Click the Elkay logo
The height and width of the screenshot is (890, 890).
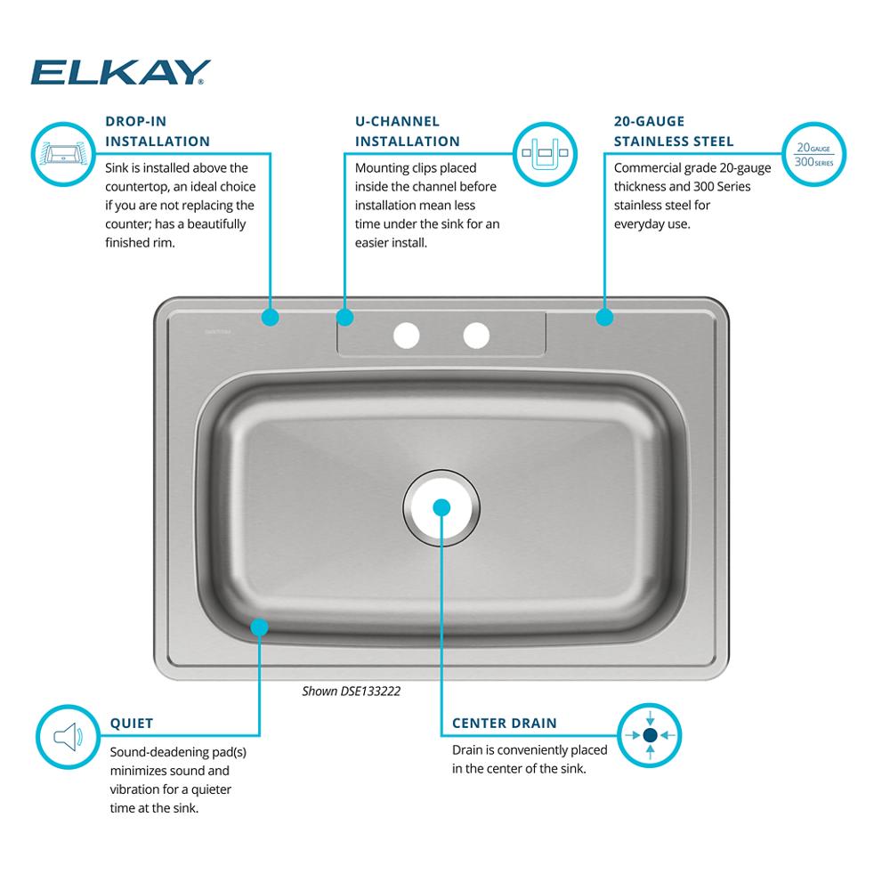click(121, 73)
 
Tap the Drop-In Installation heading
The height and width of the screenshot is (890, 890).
click(158, 131)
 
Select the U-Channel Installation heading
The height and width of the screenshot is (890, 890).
click(408, 131)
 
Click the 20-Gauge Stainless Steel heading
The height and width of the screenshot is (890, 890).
click(674, 131)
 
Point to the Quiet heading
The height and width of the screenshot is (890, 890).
click(132, 724)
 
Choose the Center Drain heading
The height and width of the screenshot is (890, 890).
click(505, 724)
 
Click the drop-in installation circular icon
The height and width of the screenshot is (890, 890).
click(62, 153)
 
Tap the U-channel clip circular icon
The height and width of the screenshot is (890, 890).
click(542, 154)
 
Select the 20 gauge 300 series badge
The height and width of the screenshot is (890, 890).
click(813, 154)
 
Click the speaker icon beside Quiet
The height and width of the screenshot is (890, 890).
click(68, 737)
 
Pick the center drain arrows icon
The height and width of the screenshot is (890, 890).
click(650, 735)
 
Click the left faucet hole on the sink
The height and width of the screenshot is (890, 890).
click(406, 336)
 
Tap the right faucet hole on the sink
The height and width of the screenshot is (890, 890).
click(476, 336)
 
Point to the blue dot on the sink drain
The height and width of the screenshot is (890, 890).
click(441, 507)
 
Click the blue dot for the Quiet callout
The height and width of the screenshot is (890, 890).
click(259, 627)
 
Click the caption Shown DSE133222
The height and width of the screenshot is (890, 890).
click(352, 691)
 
